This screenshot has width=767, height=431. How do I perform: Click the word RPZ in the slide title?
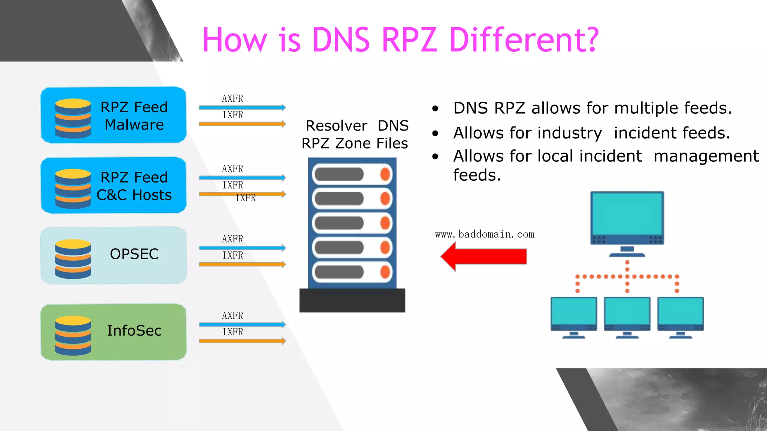[409, 40]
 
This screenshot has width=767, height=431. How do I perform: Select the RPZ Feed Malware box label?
[134, 116]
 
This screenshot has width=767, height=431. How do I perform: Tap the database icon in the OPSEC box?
[73, 259]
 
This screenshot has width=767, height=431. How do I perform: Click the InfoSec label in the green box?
[134, 331]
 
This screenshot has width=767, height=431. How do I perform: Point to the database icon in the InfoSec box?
[73, 336]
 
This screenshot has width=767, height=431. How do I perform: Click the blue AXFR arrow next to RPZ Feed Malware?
[242, 107]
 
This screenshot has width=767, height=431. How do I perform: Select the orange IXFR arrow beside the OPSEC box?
[242, 265]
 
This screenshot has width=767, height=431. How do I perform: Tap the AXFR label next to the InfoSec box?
[233, 316]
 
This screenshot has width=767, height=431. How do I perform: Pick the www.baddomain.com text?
[485, 235]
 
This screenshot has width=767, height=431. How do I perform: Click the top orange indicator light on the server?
[385, 174]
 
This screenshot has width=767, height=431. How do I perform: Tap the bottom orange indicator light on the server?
[385, 272]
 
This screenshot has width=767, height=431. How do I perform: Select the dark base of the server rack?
[352, 300]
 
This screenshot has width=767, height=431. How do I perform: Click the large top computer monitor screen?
[627, 214]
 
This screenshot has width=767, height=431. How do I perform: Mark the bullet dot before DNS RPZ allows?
[435, 109]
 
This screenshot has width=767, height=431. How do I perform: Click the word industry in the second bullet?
[527, 133]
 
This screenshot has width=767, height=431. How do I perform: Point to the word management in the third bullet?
[706, 156]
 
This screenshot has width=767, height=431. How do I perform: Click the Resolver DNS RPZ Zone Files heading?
[355, 134]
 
